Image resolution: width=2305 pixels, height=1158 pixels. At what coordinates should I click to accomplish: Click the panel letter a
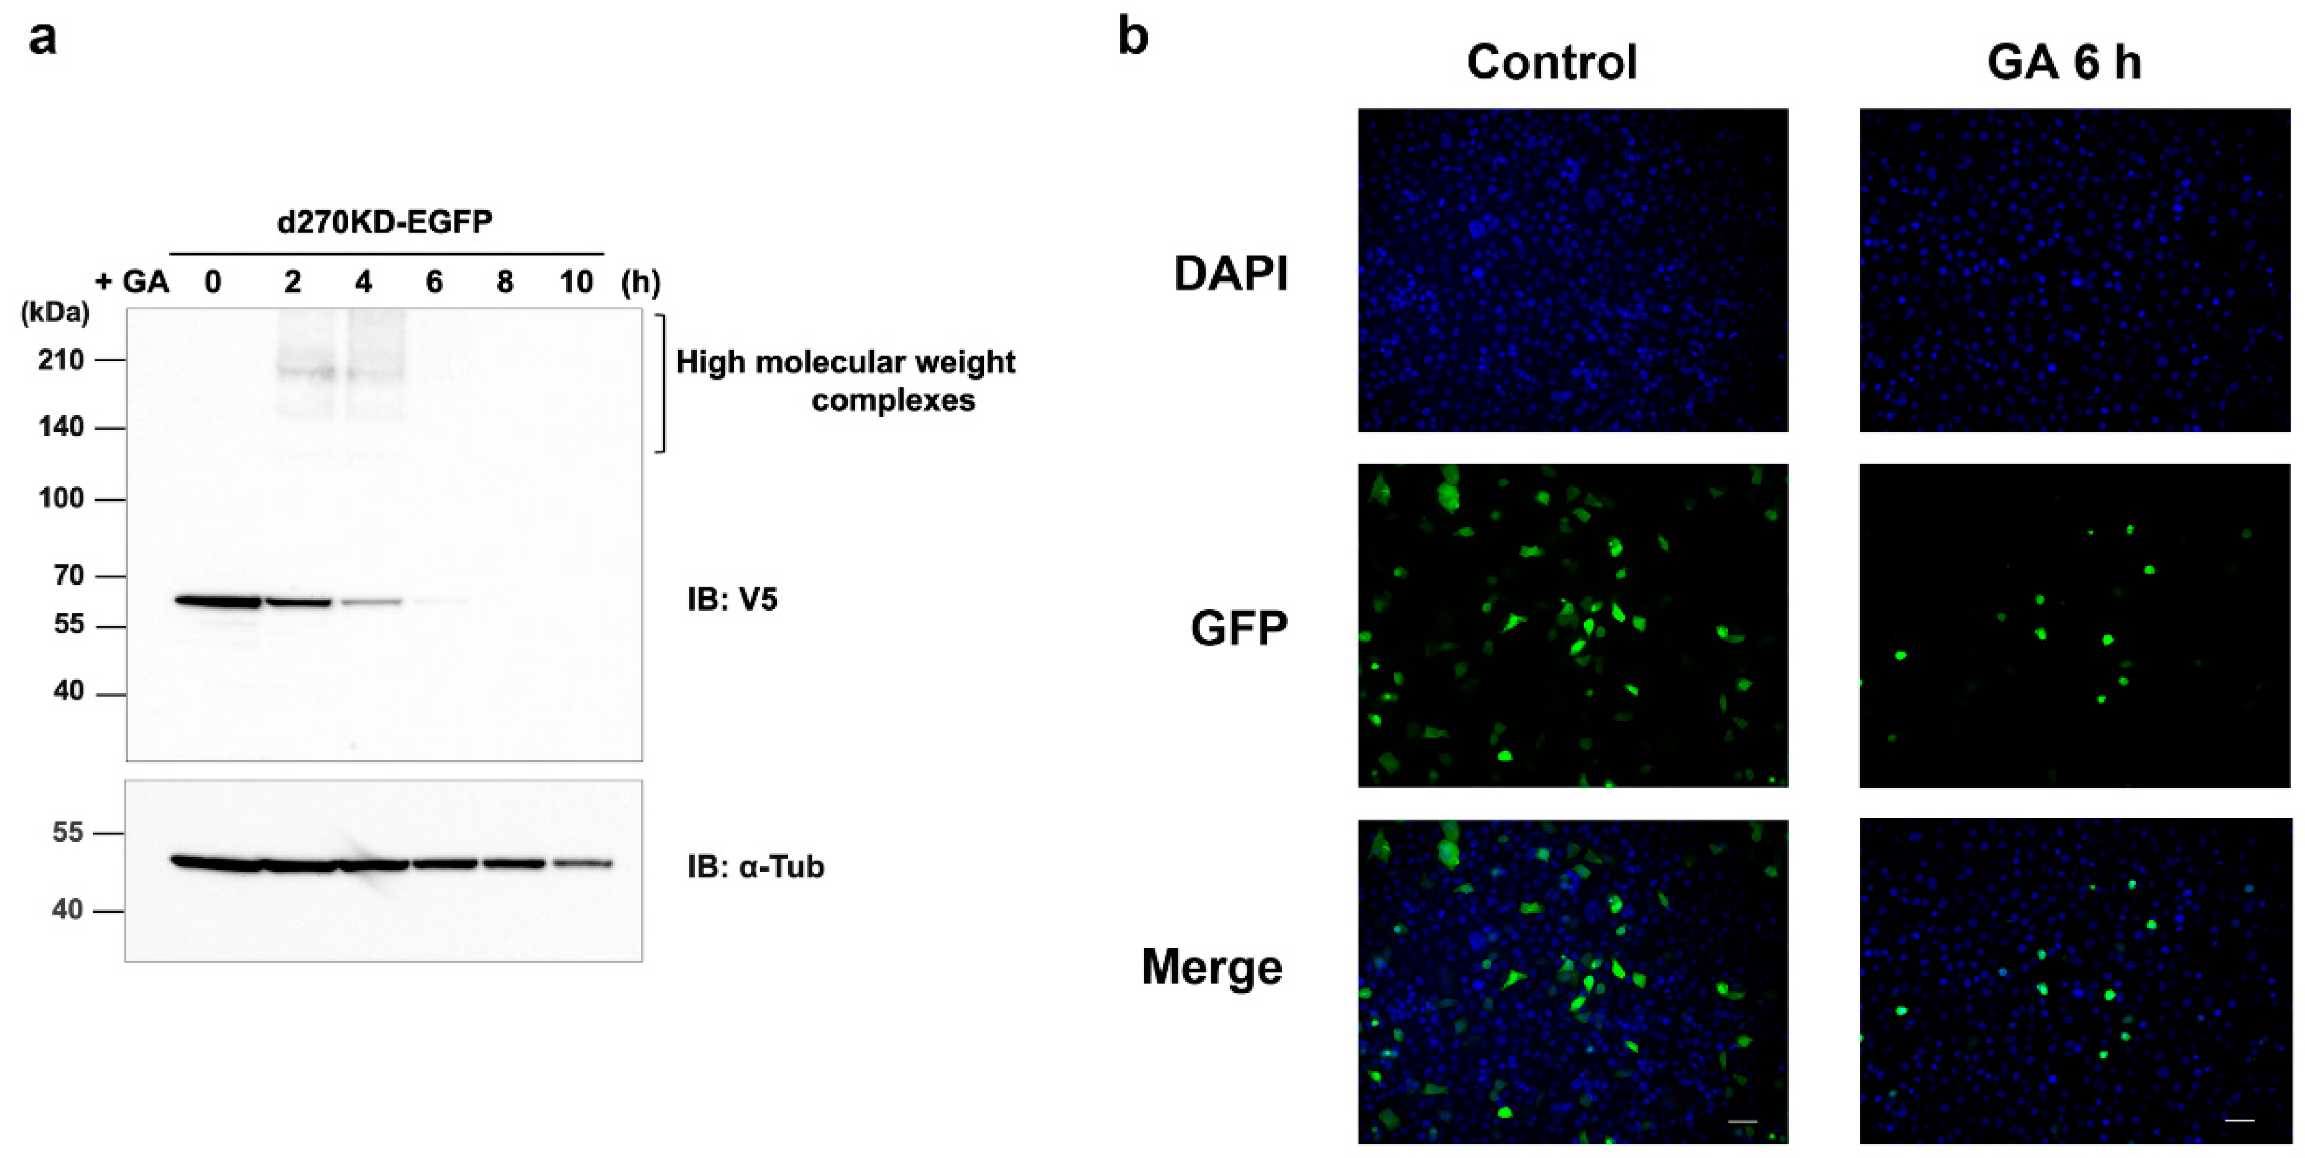42,38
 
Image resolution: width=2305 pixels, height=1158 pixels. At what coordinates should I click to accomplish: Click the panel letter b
1133,38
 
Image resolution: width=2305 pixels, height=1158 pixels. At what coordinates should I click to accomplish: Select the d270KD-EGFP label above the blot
385,221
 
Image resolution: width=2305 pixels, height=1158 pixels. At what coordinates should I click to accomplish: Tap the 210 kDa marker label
61,360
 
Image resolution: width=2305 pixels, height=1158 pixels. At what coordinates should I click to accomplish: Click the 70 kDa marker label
68,575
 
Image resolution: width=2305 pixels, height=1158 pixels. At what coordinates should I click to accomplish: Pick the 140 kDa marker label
61,427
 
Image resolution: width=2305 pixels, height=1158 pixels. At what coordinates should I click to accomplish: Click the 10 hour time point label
577,283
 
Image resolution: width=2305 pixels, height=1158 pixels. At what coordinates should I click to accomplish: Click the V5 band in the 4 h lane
370,603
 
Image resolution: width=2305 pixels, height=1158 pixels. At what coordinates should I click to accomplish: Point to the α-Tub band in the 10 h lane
581,864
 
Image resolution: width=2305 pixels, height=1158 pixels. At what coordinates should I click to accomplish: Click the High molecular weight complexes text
846,381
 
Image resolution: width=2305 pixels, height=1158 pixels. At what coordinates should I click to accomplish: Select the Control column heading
1551,63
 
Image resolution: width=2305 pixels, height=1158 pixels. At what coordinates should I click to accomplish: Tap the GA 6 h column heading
2063,63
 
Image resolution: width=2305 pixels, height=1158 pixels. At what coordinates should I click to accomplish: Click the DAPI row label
1230,274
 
